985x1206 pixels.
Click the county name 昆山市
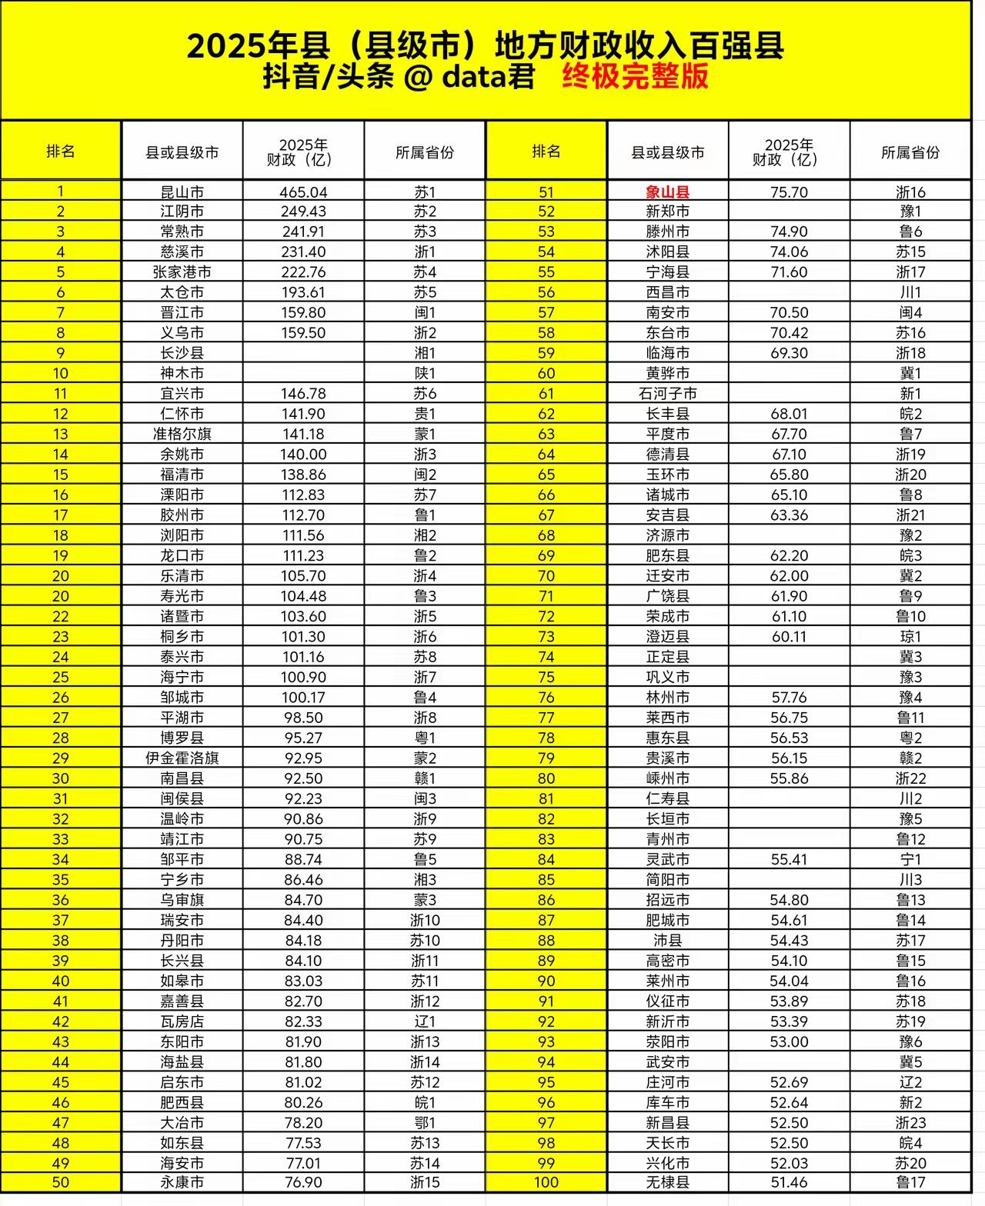pos(182,192)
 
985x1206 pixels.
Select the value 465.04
pos(303,192)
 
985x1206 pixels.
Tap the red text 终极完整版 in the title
pos(635,77)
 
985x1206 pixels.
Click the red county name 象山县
pos(667,192)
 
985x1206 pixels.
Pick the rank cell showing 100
pos(546,1182)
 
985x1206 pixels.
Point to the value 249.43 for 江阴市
pos(303,212)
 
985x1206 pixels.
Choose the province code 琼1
pos(910,637)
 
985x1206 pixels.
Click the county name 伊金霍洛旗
pos(182,758)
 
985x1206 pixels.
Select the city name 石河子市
pos(667,394)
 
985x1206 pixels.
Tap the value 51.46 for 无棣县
pos(789,1182)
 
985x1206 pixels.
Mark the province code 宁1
pos(910,859)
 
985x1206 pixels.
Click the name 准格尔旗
pos(182,434)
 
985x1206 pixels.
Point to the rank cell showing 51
pos(546,192)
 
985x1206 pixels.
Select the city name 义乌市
pos(182,333)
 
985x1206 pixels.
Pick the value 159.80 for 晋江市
pos(303,313)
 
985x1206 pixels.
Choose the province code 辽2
pos(910,1082)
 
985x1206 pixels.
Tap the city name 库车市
pos(667,1102)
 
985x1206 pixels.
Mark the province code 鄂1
pos(425,1123)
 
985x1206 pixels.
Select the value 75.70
pos(789,192)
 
